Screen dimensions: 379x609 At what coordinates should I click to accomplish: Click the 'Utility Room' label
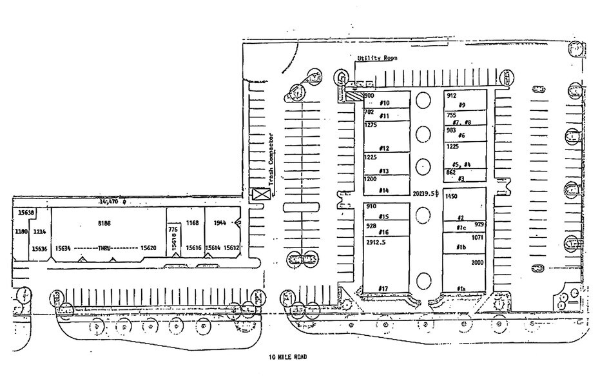tap(377, 58)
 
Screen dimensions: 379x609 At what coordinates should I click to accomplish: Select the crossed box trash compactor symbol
tap(260, 194)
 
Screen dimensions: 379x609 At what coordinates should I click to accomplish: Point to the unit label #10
tap(385, 103)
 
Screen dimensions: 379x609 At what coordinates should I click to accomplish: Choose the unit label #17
tap(383, 287)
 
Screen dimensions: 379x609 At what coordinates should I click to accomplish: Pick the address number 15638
tap(26, 212)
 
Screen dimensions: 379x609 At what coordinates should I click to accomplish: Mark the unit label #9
tap(462, 104)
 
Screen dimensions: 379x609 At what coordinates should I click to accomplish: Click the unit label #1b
tap(461, 248)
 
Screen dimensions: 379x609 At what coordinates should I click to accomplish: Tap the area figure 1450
tap(451, 196)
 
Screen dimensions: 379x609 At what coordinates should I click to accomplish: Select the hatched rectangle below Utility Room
tap(354, 96)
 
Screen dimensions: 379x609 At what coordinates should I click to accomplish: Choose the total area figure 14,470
tap(110, 202)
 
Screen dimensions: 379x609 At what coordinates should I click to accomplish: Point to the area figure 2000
tap(478, 263)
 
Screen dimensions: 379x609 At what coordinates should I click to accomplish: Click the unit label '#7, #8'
tap(462, 122)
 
